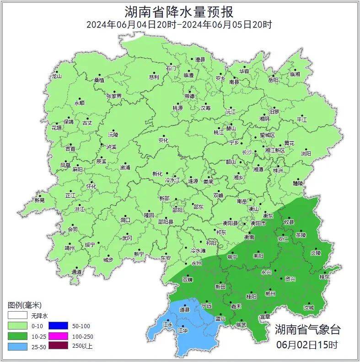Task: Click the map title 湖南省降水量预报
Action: [x=179, y=11]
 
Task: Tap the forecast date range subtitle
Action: [x=179, y=25]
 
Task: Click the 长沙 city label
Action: [x=247, y=152]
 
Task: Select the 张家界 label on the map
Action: [x=114, y=96]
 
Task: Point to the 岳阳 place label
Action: [x=273, y=80]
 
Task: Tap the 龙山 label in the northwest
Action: [x=56, y=76]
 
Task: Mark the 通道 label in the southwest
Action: [x=76, y=272]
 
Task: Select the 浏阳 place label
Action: [x=306, y=154]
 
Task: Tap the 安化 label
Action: [x=163, y=140]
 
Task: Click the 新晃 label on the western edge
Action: [x=40, y=200]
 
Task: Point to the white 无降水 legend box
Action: [x=17, y=316]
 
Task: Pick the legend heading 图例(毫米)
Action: [x=25, y=305]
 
